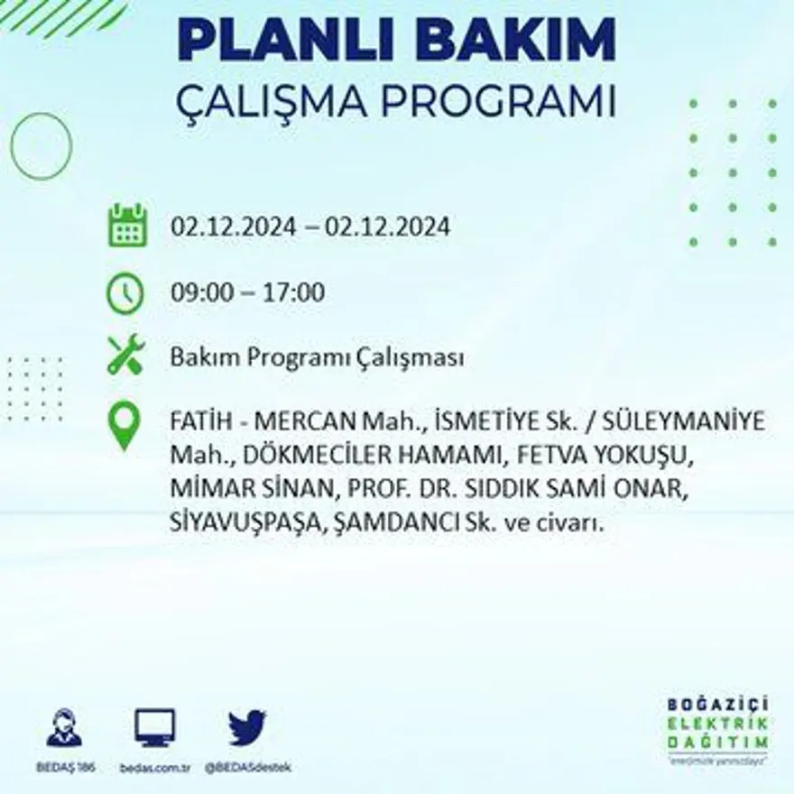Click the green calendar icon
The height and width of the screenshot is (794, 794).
127,226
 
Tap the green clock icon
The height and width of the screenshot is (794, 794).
125,293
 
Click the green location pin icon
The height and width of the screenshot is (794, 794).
125,426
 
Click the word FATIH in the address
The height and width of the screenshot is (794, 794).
200,421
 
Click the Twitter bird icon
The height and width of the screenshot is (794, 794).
246,727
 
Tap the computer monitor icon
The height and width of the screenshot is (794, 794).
155,727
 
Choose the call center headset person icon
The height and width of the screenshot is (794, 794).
64,727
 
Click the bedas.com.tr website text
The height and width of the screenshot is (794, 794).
154,768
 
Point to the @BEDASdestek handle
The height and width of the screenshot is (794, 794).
247,768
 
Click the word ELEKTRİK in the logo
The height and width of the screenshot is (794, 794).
719,724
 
